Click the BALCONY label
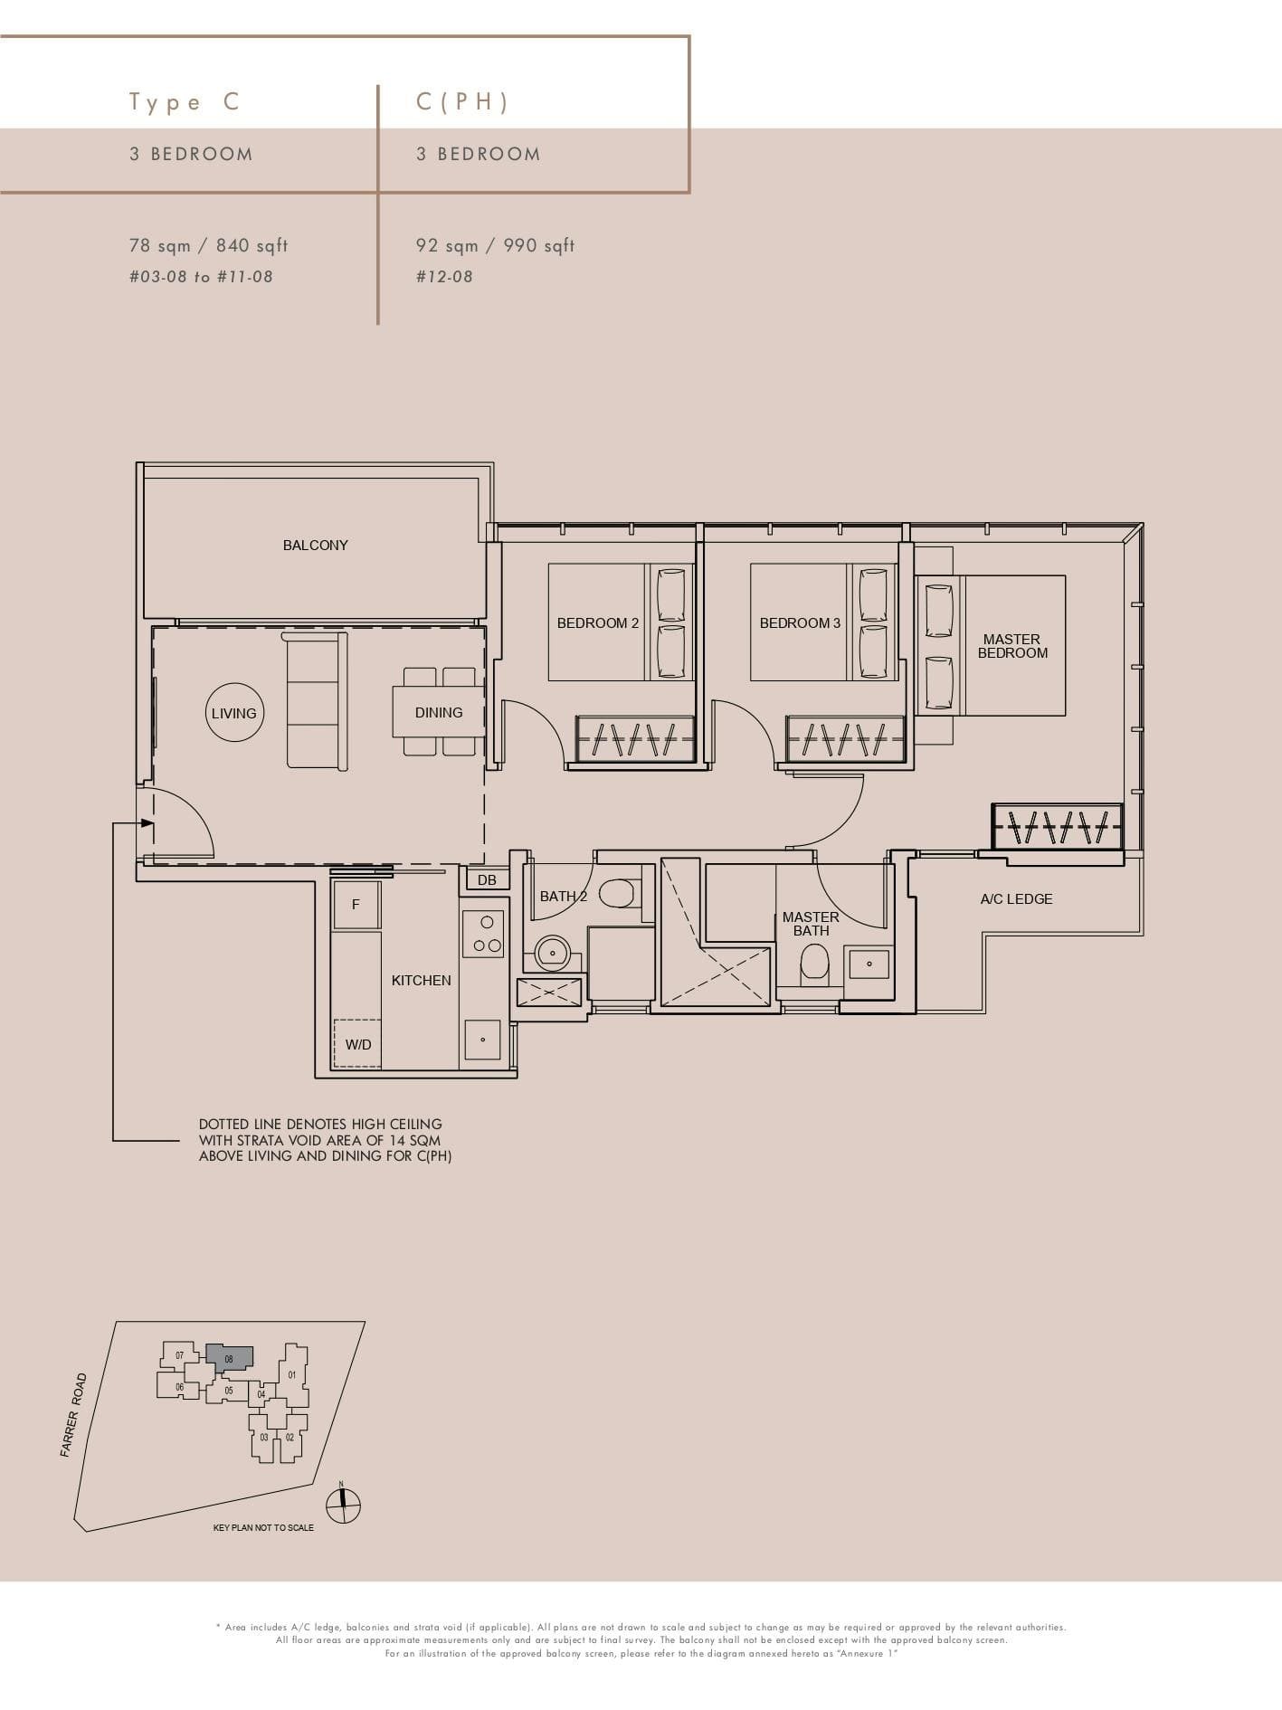[x=315, y=545]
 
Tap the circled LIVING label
[x=234, y=713]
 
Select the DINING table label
[x=439, y=712]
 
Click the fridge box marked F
[x=356, y=904]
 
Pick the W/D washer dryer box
[x=358, y=1043]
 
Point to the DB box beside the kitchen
[x=487, y=879]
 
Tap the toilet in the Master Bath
[x=814, y=964]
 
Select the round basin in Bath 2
[x=552, y=953]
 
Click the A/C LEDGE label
[x=1016, y=898]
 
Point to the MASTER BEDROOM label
[x=1012, y=645]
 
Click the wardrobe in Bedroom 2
[x=635, y=739]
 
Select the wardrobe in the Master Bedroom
[x=1057, y=825]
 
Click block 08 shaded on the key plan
[x=229, y=1357]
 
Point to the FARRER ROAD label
[x=73, y=1415]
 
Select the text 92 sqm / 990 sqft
[x=495, y=245]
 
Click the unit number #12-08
[x=444, y=277]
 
